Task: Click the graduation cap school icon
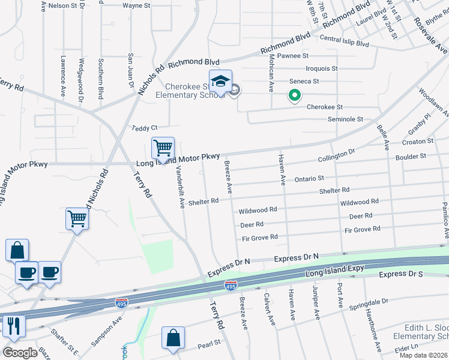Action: click(220, 81)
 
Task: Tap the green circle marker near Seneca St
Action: click(294, 95)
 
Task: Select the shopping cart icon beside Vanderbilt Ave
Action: click(163, 148)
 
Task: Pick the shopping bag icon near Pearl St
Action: click(173, 337)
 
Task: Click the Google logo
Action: click(20, 353)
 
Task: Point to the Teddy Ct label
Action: click(145, 128)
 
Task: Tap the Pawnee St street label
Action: click(293, 56)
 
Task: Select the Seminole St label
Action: click(345, 119)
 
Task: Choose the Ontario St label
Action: click(309, 179)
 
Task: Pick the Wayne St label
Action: click(136, 5)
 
